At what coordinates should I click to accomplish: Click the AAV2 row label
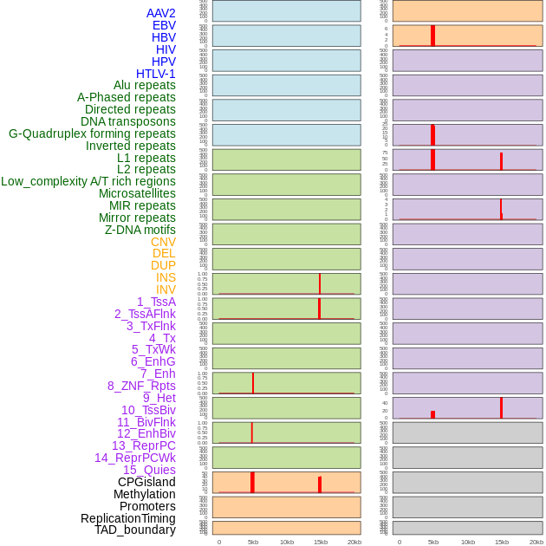pyautogui.click(x=160, y=13)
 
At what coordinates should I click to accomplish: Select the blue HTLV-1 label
pyautogui.click(x=155, y=74)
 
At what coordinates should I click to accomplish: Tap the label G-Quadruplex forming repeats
pyautogui.click(x=92, y=133)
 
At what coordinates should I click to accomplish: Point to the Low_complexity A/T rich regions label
pyautogui.click(x=88, y=181)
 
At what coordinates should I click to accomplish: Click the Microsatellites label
pyautogui.click(x=137, y=193)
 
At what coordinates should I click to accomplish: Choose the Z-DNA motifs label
pyautogui.click(x=140, y=230)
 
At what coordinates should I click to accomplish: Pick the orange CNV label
pyautogui.click(x=163, y=242)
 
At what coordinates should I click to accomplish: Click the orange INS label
pyautogui.click(x=166, y=277)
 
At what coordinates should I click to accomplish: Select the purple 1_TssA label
pyautogui.click(x=156, y=302)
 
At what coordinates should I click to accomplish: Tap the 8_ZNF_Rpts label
pyautogui.click(x=141, y=386)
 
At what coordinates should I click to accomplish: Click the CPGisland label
pyautogui.click(x=146, y=482)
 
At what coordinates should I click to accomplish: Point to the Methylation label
pyautogui.click(x=144, y=494)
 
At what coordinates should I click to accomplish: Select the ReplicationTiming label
pyautogui.click(x=127, y=518)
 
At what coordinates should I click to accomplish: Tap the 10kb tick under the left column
pyautogui.click(x=287, y=542)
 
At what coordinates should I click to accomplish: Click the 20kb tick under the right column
pyautogui.click(x=536, y=542)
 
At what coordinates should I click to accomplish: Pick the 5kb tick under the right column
pyautogui.click(x=433, y=542)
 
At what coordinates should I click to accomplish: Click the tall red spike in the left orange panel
pyautogui.click(x=252, y=482)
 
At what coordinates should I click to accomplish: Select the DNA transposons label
pyautogui.click(x=128, y=121)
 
